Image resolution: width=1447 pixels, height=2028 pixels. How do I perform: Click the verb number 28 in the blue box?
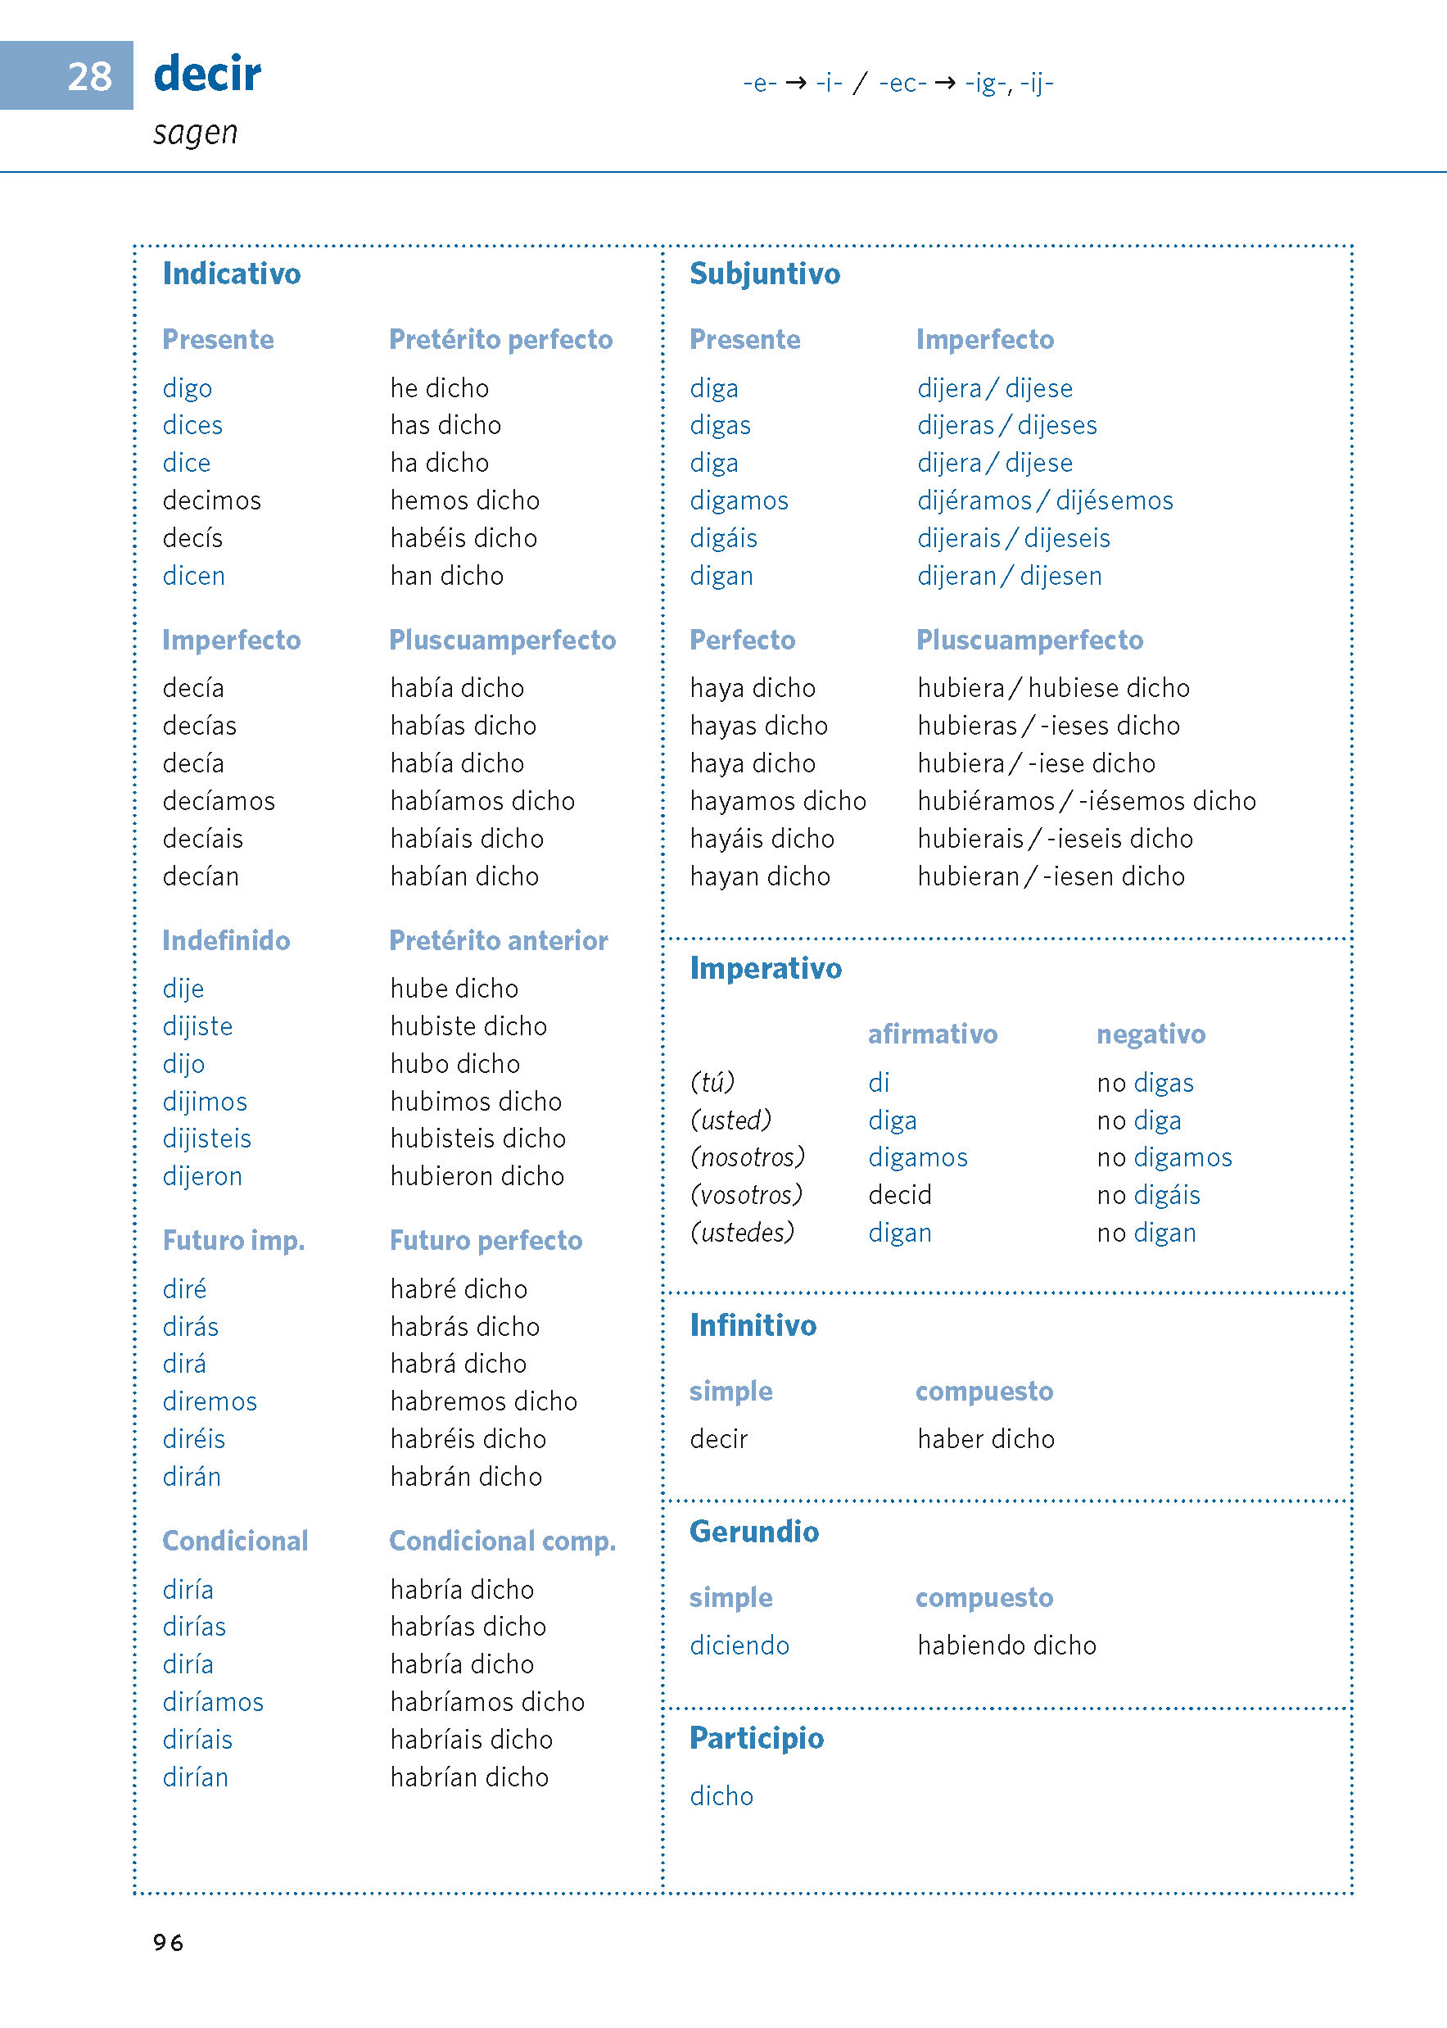(x=89, y=77)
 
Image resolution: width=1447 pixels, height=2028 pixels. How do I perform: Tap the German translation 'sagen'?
(x=195, y=133)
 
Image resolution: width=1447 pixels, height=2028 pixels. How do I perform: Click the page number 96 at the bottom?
(x=169, y=1943)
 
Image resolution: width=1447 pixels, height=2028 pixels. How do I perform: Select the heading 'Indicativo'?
(x=232, y=274)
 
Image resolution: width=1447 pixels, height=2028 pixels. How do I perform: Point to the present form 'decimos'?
(x=212, y=500)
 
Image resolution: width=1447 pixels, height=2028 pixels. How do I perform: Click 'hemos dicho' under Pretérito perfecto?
(x=464, y=500)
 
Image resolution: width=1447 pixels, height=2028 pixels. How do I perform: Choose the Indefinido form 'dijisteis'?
(x=206, y=1138)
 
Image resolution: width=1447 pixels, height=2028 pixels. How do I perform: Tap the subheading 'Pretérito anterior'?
(x=498, y=941)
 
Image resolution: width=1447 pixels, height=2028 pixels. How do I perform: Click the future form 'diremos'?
(x=210, y=1401)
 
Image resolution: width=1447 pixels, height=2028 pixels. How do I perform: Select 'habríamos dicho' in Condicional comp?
(x=487, y=1702)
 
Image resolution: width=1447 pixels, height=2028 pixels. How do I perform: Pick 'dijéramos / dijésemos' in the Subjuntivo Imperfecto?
(x=1045, y=500)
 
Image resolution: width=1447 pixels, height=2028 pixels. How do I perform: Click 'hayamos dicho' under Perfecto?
(x=778, y=801)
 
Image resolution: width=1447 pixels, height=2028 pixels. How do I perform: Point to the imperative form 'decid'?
(x=900, y=1195)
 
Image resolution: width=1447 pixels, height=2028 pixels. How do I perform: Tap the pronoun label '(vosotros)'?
(x=747, y=1195)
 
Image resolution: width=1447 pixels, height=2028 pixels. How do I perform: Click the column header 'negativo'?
(x=1151, y=1034)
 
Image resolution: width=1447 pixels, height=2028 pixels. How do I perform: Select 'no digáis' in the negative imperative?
(x=1149, y=1195)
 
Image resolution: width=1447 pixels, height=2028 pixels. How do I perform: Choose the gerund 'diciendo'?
(x=739, y=1645)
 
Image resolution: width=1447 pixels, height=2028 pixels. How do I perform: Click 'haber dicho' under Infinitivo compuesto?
(x=985, y=1439)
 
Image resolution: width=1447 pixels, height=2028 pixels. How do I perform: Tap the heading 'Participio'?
(x=757, y=1738)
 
